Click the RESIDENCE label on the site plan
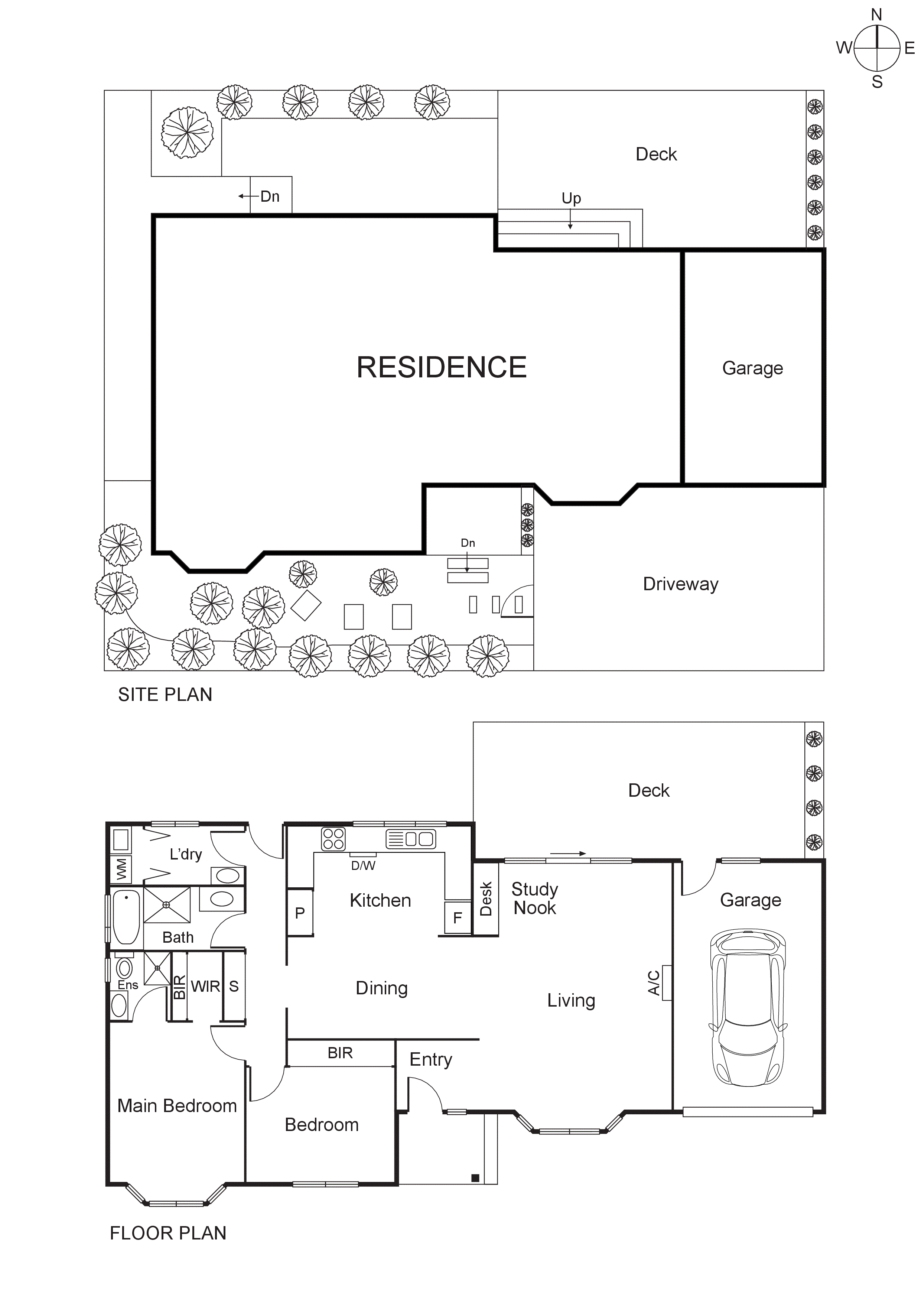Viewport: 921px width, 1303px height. (442, 367)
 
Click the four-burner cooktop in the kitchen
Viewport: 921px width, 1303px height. (333, 839)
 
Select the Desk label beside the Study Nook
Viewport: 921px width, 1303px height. (486, 899)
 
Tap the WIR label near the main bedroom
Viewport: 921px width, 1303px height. (205, 986)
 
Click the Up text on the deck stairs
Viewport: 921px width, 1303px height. (571, 198)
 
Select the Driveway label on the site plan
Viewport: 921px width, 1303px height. (680, 584)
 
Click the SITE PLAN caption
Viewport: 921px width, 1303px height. (165, 695)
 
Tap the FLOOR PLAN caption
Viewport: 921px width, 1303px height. (168, 1233)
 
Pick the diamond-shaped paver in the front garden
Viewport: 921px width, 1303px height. (306, 605)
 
